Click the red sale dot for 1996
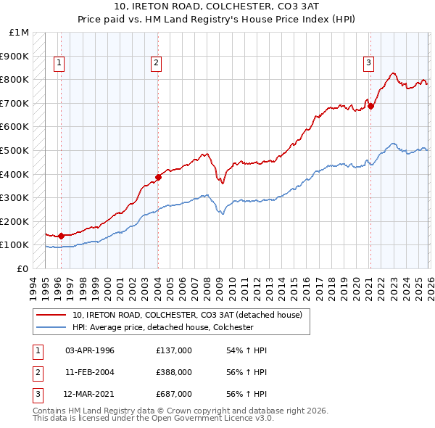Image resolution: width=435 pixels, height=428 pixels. [61, 236]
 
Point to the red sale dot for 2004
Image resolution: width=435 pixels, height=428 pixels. [158, 176]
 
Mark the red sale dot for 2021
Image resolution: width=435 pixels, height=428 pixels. [370, 106]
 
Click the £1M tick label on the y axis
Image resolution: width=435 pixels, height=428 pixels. [20, 33]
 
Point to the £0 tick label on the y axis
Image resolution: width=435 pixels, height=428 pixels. [23, 268]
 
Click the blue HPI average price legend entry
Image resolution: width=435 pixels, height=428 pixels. [162, 327]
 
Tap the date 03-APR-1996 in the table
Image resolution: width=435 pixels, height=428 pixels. [90, 350]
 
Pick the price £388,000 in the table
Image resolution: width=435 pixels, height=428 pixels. [174, 372]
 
